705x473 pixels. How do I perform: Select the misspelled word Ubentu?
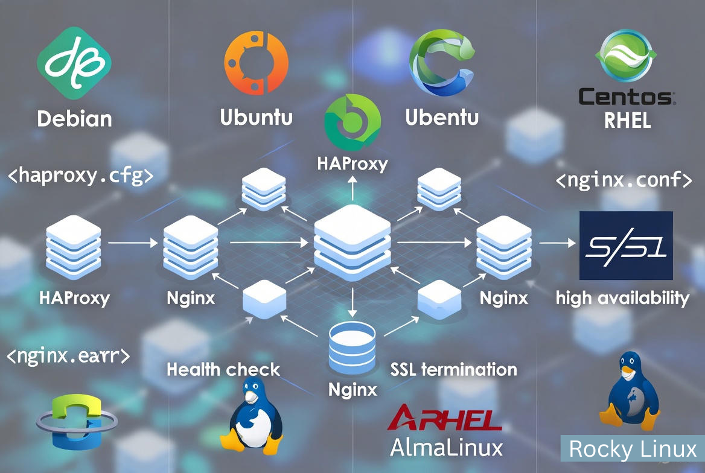(442, 116)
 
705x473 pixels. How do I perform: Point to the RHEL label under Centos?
(627, 121)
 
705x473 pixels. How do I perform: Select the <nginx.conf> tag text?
(624, 180)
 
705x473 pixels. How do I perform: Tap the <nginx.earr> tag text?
(68, 355)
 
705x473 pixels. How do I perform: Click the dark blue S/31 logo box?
(626, 246)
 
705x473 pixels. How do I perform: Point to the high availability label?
(622, 297)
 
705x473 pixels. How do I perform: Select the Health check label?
(223, 369)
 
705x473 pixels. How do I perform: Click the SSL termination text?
(453, 369)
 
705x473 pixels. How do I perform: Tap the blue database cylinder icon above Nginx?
(353, 348)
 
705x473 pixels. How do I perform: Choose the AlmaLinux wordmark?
(446, 447)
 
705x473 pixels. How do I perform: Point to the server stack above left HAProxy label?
(74, 245)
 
